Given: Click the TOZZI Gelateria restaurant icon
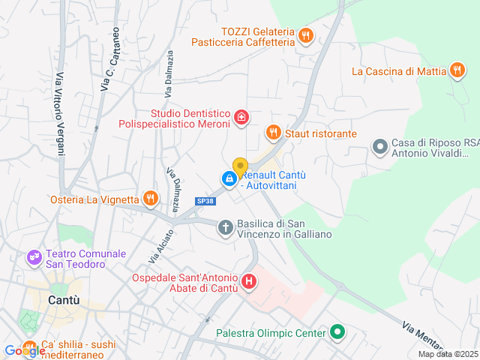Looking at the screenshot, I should coord(305,35).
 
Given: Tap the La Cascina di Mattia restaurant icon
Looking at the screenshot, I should coord(457,71).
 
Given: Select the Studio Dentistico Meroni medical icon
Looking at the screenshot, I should coord(241,116).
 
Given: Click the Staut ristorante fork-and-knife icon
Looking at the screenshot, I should coord(273,133).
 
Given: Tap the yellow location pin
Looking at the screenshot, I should coord(240,167).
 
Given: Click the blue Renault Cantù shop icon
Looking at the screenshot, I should coord(228,178).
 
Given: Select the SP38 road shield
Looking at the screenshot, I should coord(205,201).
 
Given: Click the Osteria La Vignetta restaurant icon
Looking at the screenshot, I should coord(151,199).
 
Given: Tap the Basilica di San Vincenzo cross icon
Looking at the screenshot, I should coord(225,226).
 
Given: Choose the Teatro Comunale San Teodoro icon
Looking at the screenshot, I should coord(34,258).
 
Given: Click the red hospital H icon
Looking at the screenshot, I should coord(249,282).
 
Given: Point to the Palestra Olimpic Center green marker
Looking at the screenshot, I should coord(337,332).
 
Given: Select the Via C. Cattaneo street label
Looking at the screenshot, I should coord(108,60).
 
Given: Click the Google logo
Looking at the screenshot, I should coord(24,350).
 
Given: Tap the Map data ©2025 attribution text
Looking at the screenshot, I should coord(447,354).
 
